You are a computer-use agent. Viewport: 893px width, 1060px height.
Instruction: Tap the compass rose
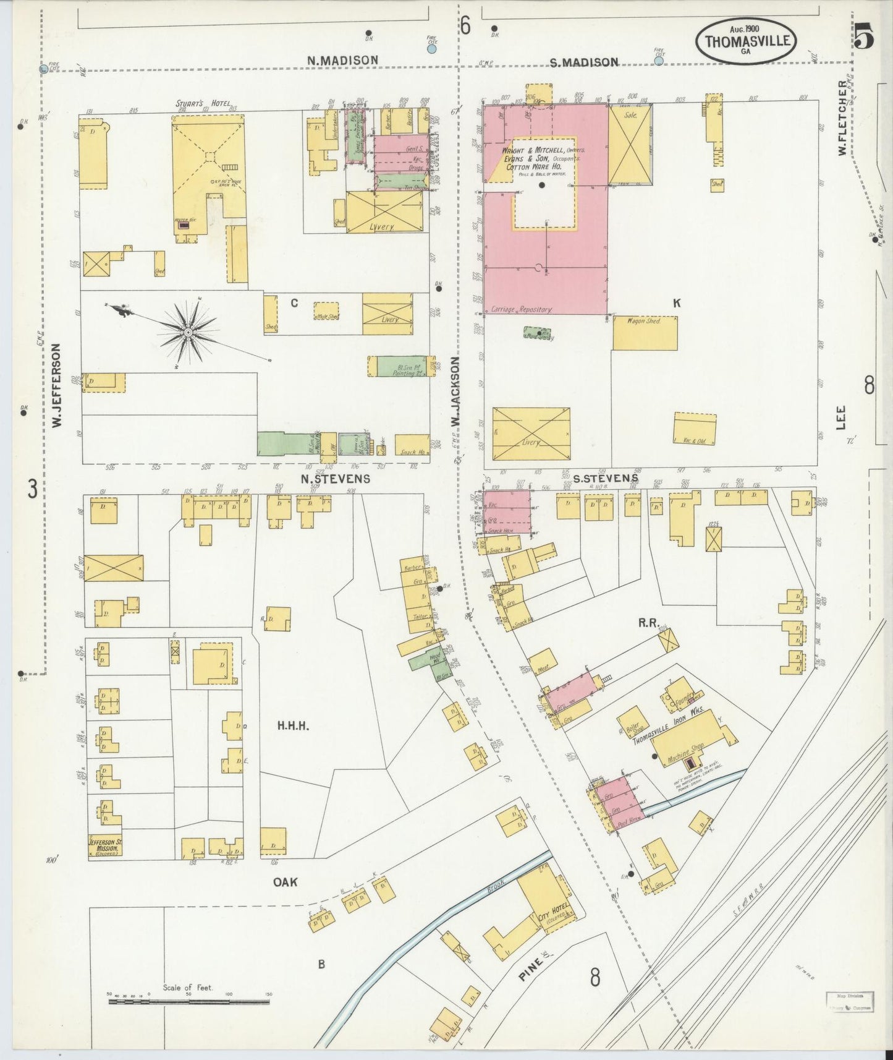click(188, 333)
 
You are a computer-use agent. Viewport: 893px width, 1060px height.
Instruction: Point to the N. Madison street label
click(343, 60)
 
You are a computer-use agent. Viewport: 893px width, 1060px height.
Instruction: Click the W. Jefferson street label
click(57, 385)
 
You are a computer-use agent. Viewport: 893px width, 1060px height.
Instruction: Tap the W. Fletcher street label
click(842, 118)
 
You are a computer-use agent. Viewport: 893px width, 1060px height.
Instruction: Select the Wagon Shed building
click(645, 333)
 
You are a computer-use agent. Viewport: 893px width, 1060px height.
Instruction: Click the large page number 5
click(865, 39)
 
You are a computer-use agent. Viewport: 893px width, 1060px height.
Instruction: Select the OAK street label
click(286, 883)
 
